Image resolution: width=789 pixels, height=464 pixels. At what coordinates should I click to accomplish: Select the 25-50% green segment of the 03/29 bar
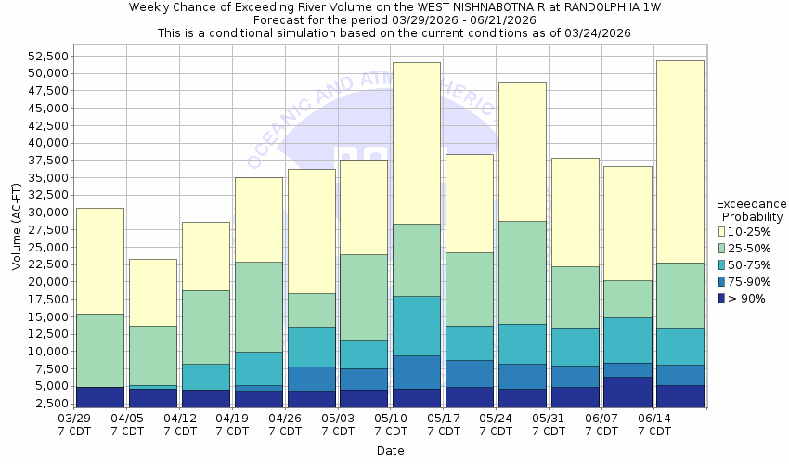point(99,350)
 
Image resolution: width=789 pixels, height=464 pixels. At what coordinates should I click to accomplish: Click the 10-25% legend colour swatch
point(722,231)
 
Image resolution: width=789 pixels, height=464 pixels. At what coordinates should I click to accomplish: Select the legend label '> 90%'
point(747,298)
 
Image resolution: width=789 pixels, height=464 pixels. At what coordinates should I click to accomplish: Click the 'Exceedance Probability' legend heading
point(751,211)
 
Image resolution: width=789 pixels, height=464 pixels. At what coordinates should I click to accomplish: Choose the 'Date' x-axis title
point(391,451)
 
